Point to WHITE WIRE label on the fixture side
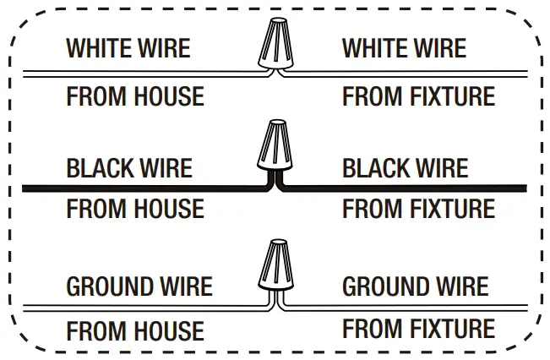[404, 47]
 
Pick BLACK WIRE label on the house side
[129, 167]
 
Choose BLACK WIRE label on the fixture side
[405, 167]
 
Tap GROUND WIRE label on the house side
[139, 286]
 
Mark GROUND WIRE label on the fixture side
[415, 286]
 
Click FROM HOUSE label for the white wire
[135, 96]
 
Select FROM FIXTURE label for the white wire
[418, 96]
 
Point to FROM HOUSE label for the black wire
[135, 208]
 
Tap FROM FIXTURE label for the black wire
[418, 208]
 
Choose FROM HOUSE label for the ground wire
[135, 330]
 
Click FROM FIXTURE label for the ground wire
[418, 328]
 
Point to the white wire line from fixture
[406, 74]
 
